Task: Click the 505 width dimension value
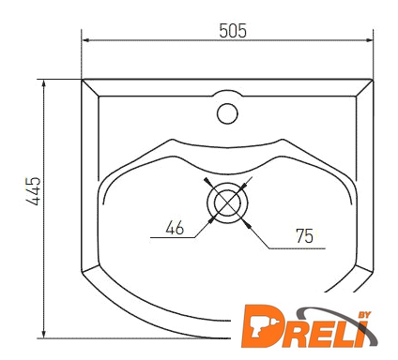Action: pos(233,31)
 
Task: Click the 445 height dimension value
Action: pos(34,191)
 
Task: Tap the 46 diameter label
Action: pos(175,228)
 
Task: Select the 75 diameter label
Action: pos(304,236)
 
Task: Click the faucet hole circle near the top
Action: pos(227,113)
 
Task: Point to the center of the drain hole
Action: pos(227,202)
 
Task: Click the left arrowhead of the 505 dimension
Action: pos(85,40)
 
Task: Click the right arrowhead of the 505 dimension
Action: pos(369,40)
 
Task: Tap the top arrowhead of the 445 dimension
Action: pos(44,83)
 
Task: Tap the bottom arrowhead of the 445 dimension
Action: pos(44,334)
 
